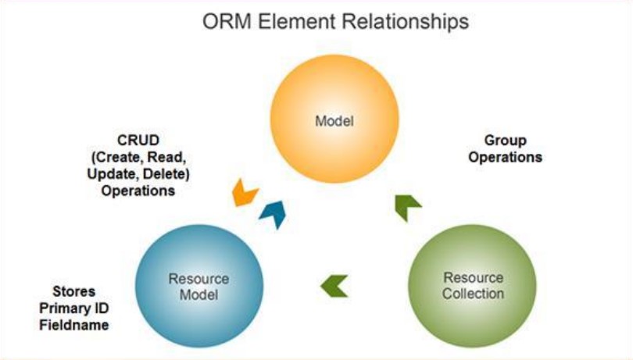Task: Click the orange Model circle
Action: coord(334,119)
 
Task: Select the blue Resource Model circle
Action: coord(199,286)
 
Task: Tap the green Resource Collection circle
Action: coord(472,286)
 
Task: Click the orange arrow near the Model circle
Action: coord(245,193)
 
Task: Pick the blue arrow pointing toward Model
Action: coord(274,214)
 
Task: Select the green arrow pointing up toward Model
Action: coord(407,207)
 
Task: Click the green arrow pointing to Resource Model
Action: coord(334,286)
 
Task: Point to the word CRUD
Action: coord(138,141)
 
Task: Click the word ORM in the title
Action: coord(227,21)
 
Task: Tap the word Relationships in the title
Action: coord(407,22)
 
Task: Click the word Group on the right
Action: coord(505,141)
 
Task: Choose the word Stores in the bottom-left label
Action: coord(74,291)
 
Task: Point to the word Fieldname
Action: coord(74,325)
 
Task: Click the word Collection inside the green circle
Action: coord(473,294)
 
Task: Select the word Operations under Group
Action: coord(505,158)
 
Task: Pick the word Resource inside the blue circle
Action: coord(198,279)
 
